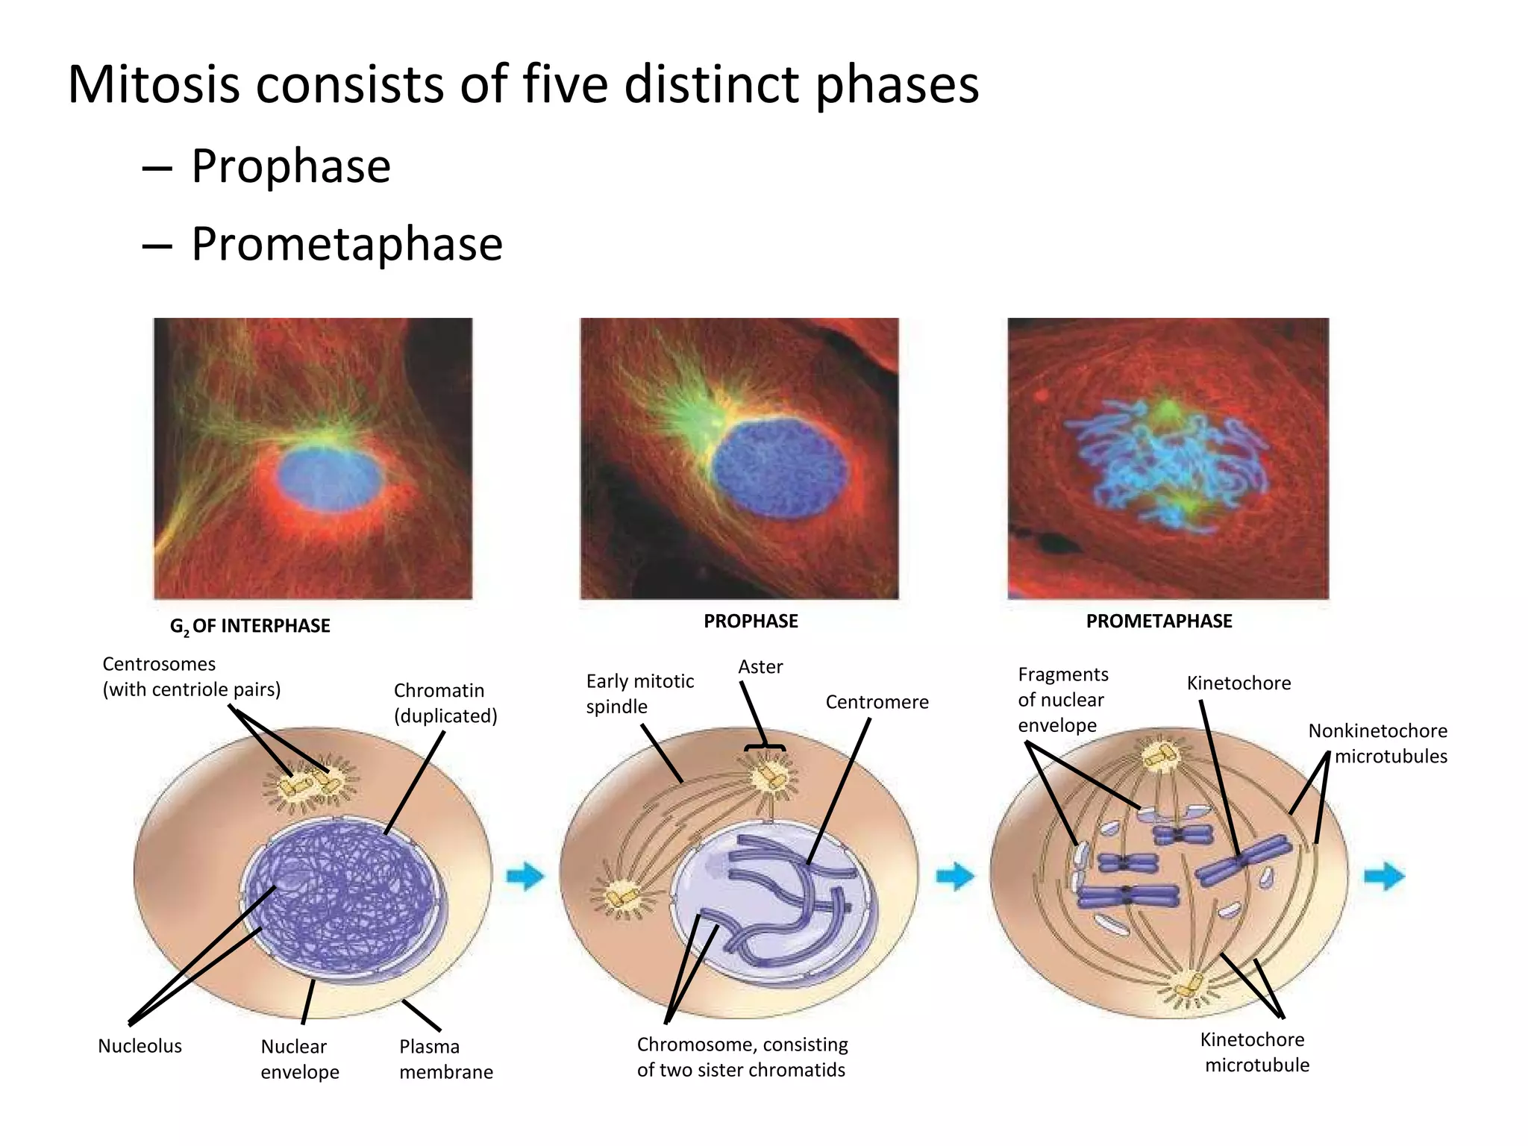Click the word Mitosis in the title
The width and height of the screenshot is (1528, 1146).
[x=153, y=84]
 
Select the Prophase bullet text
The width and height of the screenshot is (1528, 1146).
[x=290, y=166]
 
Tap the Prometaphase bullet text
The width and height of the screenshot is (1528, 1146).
[x=346, y=244]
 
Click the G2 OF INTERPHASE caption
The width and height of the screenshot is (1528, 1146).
[x=250, y=626]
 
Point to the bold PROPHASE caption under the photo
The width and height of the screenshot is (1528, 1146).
[x=751, y=621]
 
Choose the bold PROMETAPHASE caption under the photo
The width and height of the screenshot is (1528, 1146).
[x=1159, y=621]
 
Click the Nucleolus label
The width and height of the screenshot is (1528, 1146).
[x=140, y=1046]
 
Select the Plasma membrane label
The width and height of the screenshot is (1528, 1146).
[x=445, y=1059]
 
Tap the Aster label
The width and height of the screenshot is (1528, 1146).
[x=760, y=667]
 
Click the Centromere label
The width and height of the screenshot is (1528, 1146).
[x=877, y=702]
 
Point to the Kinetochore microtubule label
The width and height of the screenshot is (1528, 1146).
[x=1256, y=1052]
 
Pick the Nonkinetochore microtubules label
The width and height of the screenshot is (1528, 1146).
[x=1378, y=743]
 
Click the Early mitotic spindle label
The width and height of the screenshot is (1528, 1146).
[x=639, y=694]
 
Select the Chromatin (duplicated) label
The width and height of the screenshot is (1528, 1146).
[x=445, y=703]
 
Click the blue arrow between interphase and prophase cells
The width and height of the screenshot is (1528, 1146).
[x=526, y=876]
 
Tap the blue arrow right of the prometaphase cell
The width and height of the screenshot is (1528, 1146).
[x=1384, y=876]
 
